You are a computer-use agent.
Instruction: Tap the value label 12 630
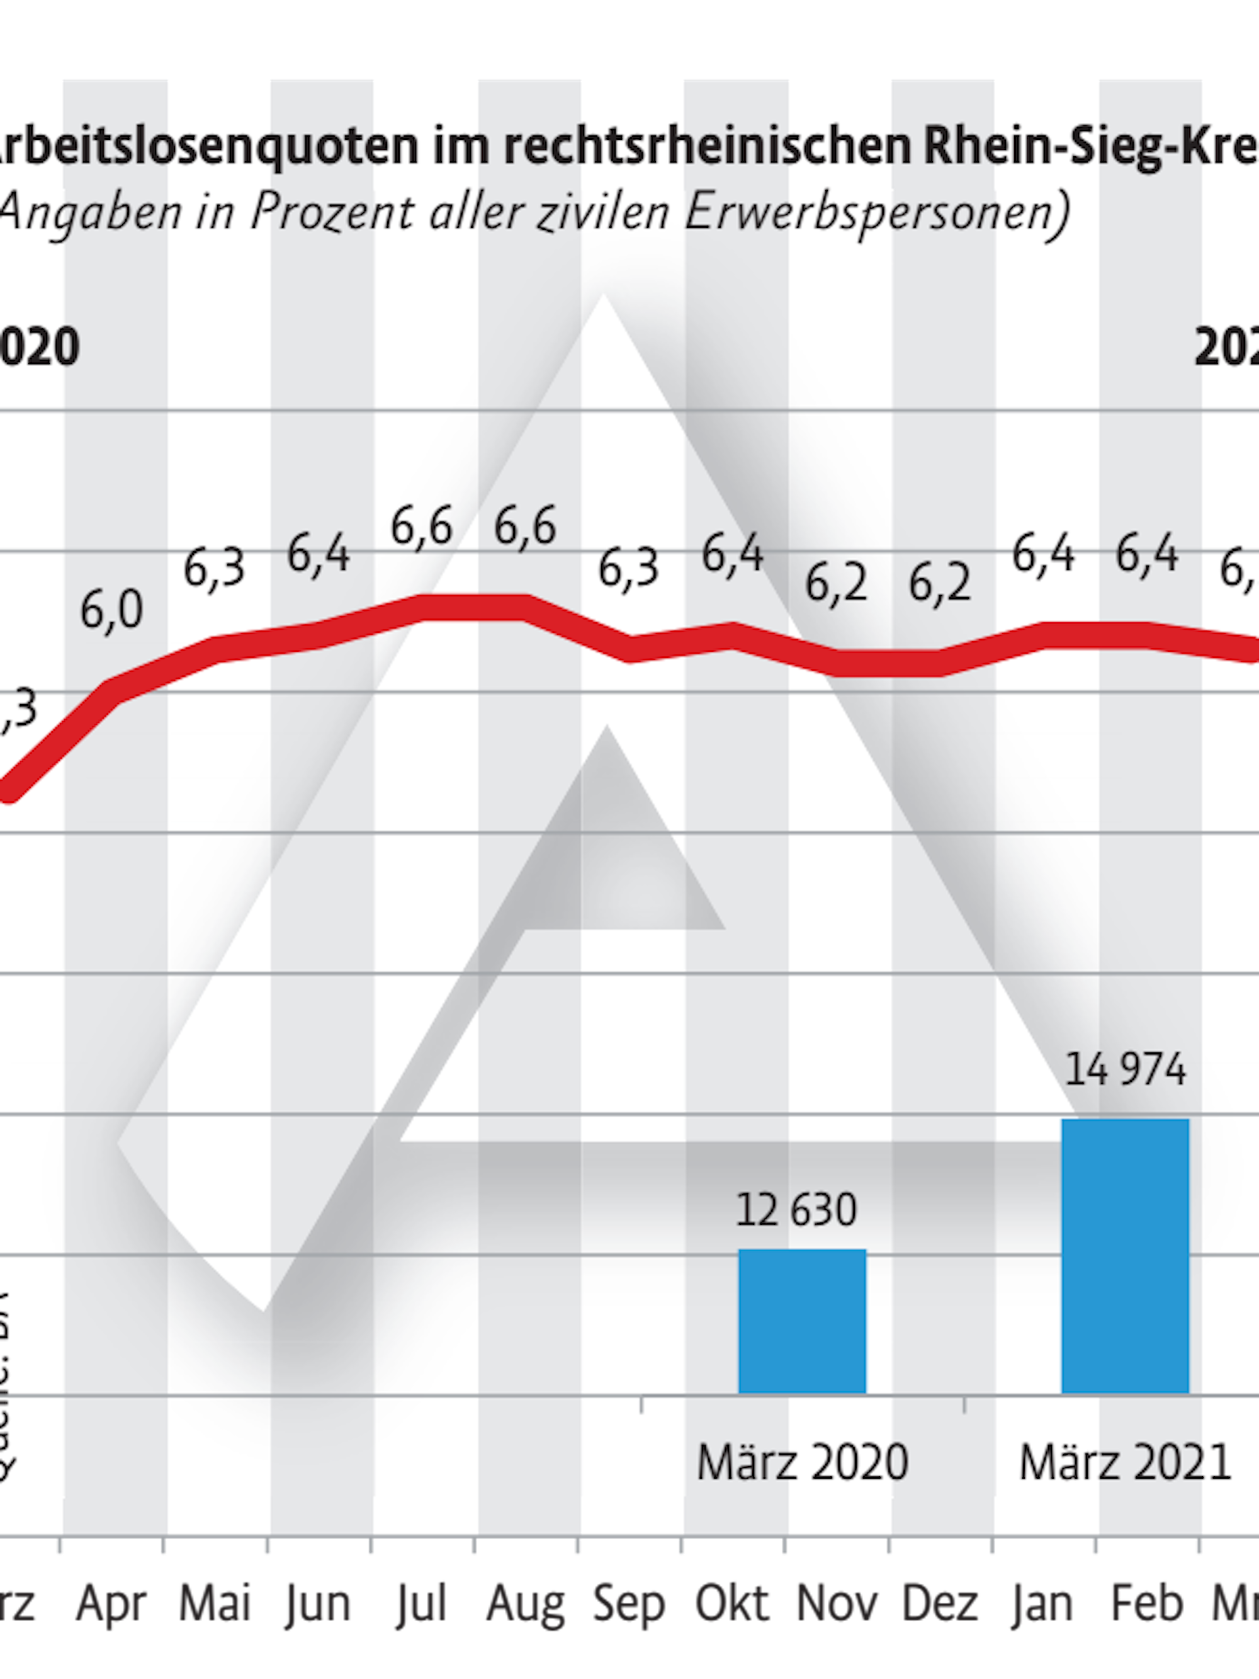pyautogui.click(x=796, y=1210)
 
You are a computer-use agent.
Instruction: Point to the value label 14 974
pyautogui.click(x=1125, y=1069)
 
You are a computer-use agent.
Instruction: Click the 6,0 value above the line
pyautogui.click(x=111, y=612)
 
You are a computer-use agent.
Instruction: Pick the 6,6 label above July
pyautogui.click(x=421, y=526)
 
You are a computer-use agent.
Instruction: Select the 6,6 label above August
pyautogui.click(x=525, y=526)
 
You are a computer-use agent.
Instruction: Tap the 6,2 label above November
pyautogui.click(x=835, y=585)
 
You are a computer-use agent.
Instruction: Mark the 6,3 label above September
pyautogui.click(x=628, y=569)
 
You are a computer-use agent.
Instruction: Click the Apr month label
pyautogui.click(x=111, y=1604)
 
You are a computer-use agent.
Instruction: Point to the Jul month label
pyautogui.click(x=421, y=1604)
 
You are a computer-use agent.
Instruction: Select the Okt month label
pyautogui.click(x=731, y=1604)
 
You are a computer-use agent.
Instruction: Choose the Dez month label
pyautogui.click(x=939, y=1604)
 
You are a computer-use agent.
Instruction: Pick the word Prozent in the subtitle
pyautogui.click(x=332, y=212)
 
